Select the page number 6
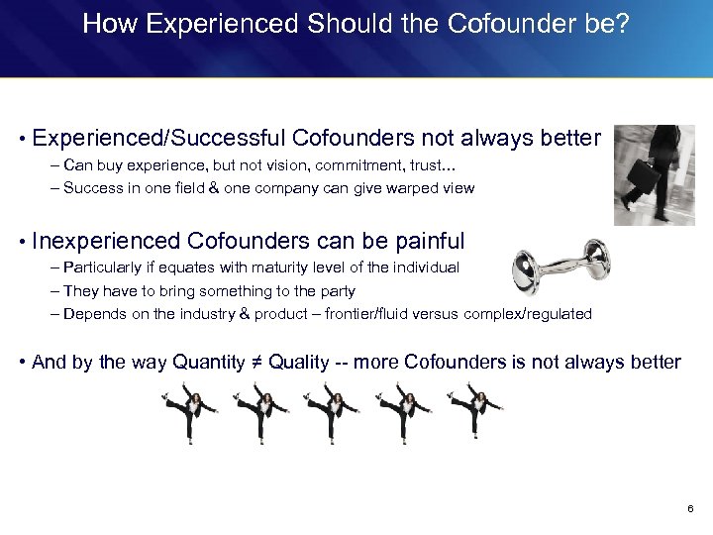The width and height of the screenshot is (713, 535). point(690,508)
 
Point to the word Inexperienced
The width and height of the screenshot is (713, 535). point(106,241)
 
